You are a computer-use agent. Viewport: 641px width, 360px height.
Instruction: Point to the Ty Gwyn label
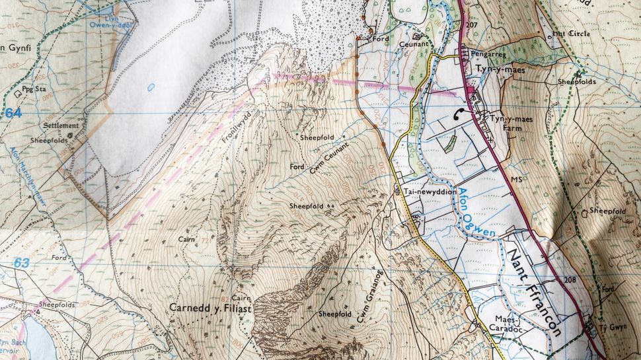coord(613,328)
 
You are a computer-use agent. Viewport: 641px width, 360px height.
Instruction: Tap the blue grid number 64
coord(13,113)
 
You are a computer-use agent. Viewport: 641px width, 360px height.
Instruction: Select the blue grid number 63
coord(21,264)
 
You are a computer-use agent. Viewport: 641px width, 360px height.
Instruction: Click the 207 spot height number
coord(471,24)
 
